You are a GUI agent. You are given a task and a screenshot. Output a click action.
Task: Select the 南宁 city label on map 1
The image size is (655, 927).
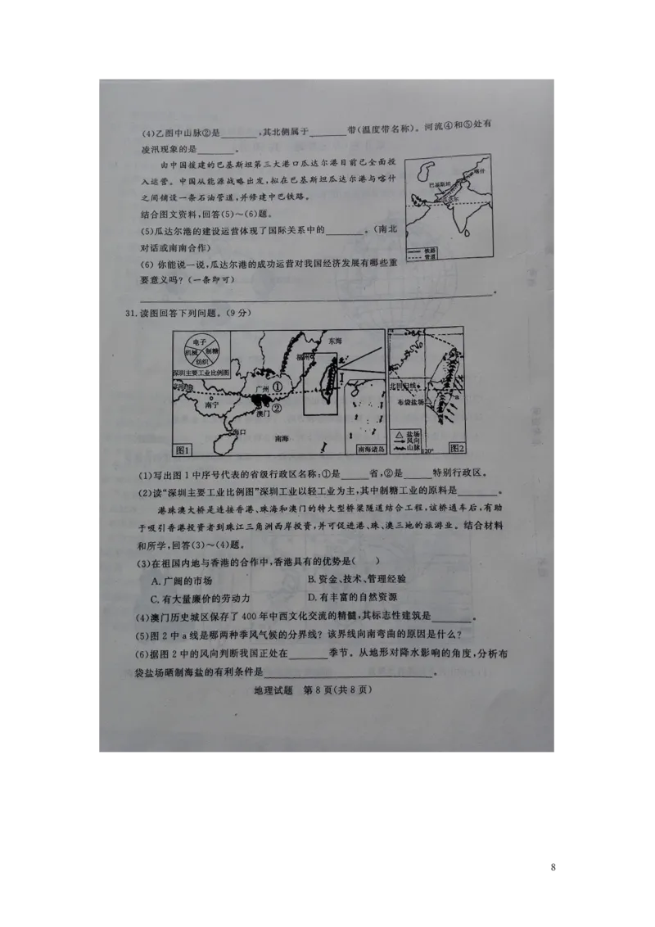(x=212, y=405)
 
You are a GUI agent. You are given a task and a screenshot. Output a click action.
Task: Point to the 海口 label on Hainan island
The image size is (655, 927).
(x=239, y=431)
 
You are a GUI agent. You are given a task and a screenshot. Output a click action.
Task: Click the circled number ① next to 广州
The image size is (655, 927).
(x=278, y=386)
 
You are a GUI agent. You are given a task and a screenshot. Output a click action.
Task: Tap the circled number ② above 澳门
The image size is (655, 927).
(x=278, y=408)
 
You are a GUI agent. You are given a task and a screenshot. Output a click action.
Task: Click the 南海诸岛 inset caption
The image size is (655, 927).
(x=365, y=449)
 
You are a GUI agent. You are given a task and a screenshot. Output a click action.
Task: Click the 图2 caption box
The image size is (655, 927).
(x=456, y=448)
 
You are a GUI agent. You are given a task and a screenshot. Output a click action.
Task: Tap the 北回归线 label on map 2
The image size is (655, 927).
(x=403, y=384)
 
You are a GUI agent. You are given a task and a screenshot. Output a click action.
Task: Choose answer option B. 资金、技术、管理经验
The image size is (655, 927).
(x=356, y=579)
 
